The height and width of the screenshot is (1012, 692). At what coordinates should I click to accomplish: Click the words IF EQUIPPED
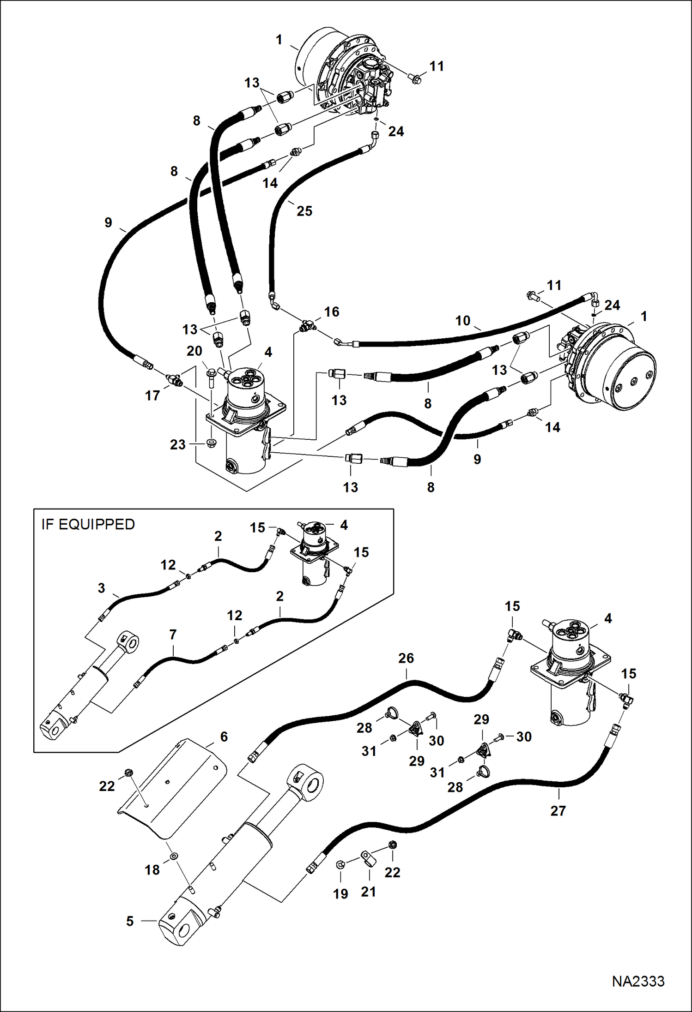[x=88, y=524]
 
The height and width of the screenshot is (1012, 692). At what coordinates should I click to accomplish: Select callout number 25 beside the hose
[x=304, y=211]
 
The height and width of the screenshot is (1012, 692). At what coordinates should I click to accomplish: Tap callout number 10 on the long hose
[x=462, y=320]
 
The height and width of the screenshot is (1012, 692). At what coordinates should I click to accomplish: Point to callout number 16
[x=331, y=312]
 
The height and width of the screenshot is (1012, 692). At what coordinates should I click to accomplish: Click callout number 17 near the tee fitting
[x=152, y=395]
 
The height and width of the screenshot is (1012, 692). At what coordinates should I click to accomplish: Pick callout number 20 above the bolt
[x=194, y=351]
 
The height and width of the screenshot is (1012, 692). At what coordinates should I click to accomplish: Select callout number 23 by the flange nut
[x=177, y=444]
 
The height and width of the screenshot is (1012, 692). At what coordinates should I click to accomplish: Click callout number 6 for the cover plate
[x=224, y=737]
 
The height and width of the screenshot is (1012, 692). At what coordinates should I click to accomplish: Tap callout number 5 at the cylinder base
[x=130, y=921]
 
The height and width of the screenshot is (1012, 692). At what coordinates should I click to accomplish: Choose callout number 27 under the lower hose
[x=558, y=810]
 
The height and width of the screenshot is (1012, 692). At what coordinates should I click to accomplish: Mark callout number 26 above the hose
[x=406, y=658]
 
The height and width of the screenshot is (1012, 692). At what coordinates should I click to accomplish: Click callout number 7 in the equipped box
[x=173, y=635]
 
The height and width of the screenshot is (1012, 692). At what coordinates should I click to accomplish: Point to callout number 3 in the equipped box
[x=101, y=588]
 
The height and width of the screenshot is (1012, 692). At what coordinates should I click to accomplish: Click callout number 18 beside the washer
[x=152, y=869]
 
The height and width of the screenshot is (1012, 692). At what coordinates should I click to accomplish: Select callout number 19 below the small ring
[x=340, y=894]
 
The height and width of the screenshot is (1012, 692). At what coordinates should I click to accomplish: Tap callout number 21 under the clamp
[x=368, y=892]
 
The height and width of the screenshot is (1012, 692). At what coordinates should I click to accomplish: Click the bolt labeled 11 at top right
[x=415, y=79]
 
